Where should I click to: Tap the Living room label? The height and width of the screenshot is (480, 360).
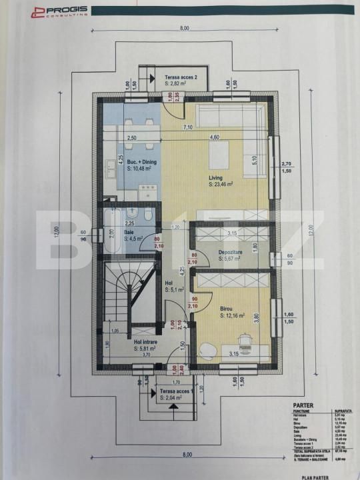pos(215,178)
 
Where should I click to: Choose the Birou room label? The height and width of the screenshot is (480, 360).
pos(227,309)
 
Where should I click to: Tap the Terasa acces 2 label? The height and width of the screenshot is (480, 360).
pos(181,77)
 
